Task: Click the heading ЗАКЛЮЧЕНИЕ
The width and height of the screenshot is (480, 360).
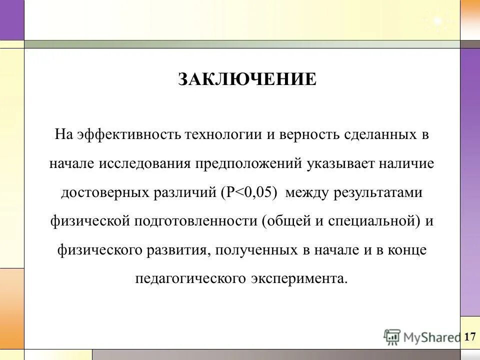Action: pyautogui.click(x=247, y=79)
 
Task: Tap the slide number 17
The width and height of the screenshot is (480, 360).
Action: pyautogui.click(x=470, y=336)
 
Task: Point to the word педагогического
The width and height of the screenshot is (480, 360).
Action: pyautogui.click(x=192, y=278)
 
